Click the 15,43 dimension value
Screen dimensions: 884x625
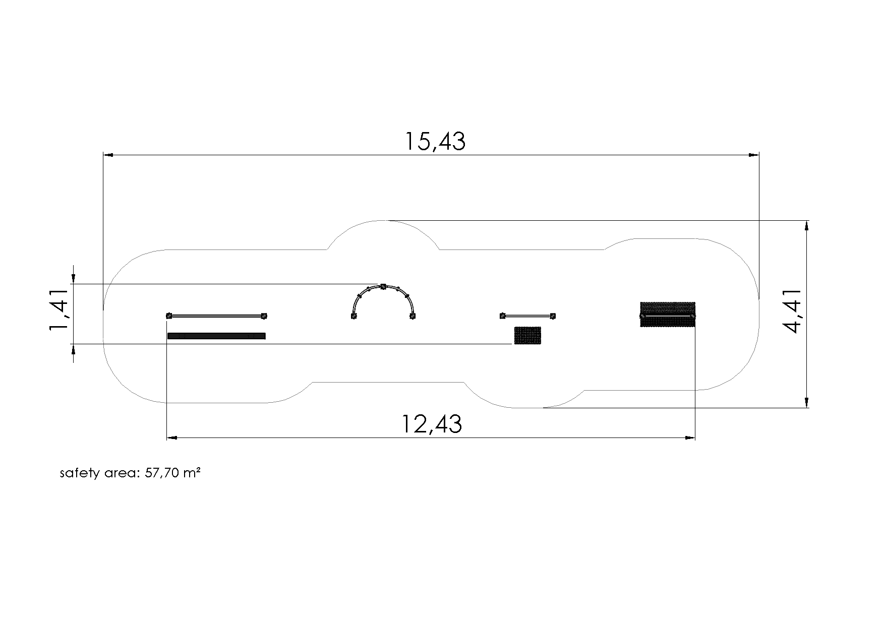click(435, 141)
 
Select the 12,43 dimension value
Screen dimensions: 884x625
click(432, 424)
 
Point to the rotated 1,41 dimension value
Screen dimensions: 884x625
click(58, 310)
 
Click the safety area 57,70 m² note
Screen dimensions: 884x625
click(131, 473)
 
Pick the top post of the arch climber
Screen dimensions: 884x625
click(383, 287)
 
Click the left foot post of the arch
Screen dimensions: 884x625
click(354, 316)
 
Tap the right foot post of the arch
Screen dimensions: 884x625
click(412, 316)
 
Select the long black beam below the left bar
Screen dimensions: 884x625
click(216, 336)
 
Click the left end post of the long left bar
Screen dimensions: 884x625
click(169, 316)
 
